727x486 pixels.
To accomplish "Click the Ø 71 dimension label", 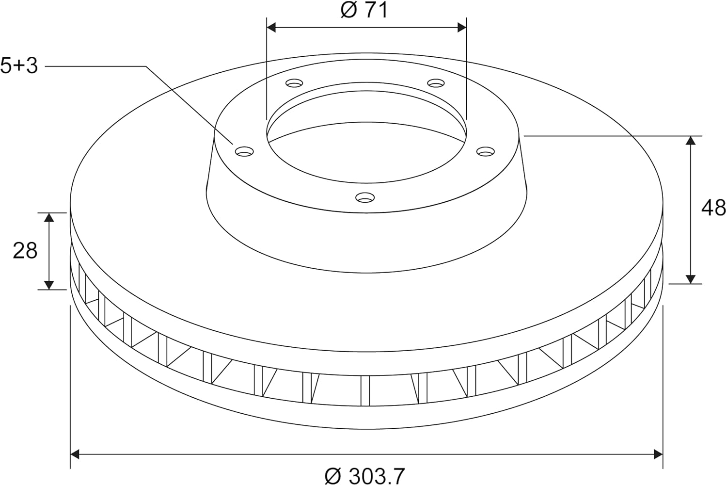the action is point(364,10).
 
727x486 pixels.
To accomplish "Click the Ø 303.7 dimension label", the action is point(364,476).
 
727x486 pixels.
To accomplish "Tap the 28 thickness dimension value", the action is point(25,251).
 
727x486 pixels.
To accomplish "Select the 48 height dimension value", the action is point(713,208).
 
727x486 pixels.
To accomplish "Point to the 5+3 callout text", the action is point(19,65).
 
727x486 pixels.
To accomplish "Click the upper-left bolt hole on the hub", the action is point(294,83).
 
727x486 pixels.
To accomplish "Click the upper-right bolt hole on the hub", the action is point(436,83).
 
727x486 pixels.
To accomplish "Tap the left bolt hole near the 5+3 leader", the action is point(244,151).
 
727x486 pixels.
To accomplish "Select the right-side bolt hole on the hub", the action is point(486,151).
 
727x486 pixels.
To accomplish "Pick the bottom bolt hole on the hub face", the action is point(365,197).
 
